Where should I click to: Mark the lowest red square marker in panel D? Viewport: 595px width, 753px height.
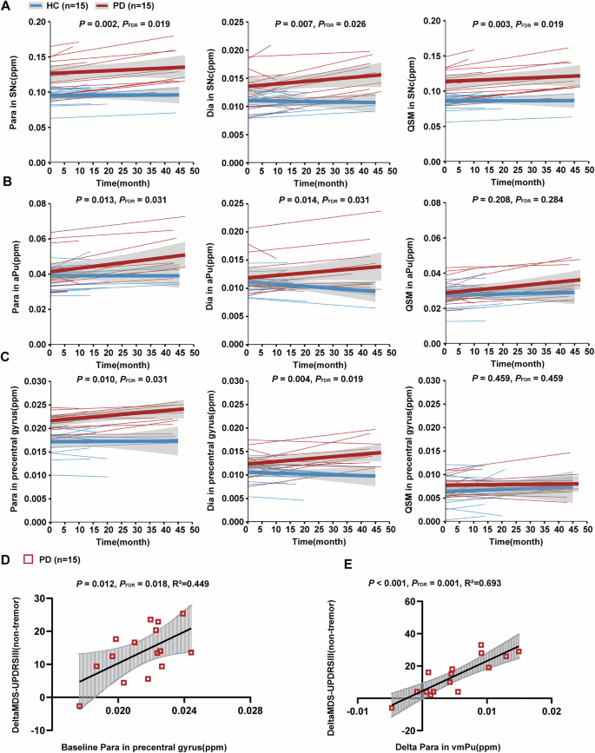(x=79, y=706)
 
